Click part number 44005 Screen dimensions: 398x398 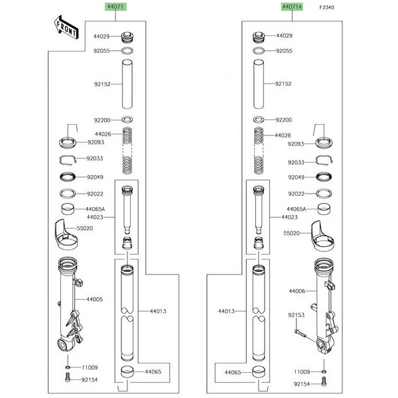coord(94,300)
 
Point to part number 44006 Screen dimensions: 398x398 coord(297,291)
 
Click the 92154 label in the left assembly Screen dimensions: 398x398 coord(90,379)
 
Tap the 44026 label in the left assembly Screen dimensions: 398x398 coord(102,135)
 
